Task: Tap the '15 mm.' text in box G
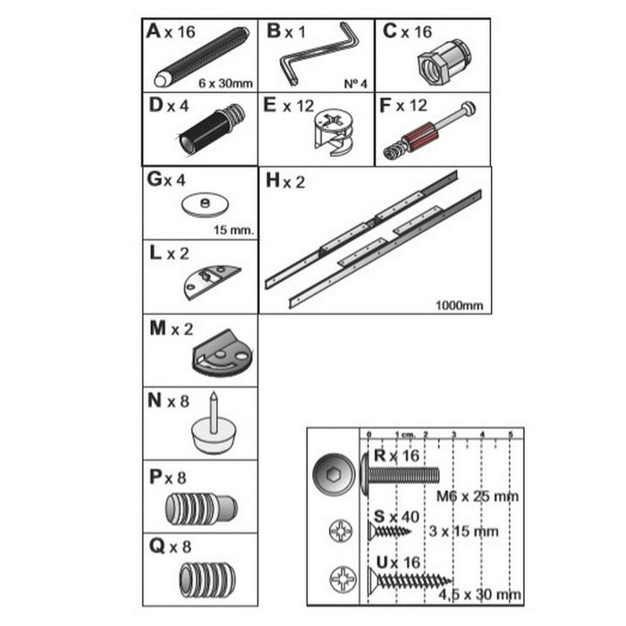[x=234, y=230]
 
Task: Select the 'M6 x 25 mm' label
[x=478, y=496]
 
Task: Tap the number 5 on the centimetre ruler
[x=510, y=435]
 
